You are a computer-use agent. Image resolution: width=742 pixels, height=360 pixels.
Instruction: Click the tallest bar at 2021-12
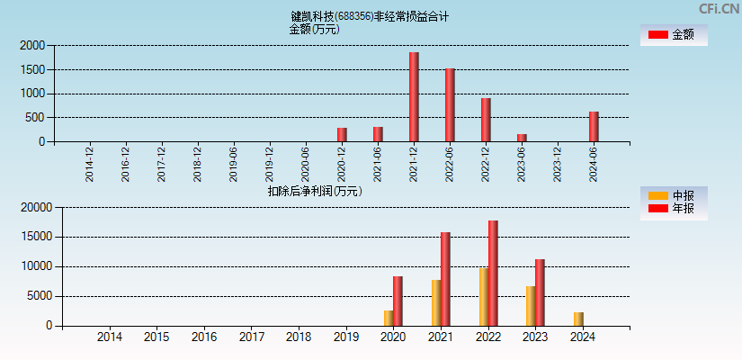point(414,97)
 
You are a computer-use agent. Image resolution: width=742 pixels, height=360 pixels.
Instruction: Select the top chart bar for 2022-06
point(450,105)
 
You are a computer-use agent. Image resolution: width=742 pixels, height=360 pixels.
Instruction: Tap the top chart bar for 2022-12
point(486,120)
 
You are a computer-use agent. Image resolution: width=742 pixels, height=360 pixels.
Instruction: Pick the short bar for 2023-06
point(522,138)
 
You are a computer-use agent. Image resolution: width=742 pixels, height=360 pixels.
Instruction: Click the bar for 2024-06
point(594,127)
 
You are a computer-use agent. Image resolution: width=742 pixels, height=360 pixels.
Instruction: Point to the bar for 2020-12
point(342,135)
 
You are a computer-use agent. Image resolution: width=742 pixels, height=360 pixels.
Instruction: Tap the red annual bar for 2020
point(398,301)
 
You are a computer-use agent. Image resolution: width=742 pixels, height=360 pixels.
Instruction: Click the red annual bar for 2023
point(540,292)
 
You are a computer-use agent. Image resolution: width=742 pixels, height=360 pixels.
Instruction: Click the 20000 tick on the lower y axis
point(36,208)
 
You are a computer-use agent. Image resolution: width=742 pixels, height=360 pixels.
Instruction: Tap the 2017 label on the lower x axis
point(252,337)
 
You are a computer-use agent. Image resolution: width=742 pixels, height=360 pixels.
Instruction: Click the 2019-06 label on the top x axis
point(234,165)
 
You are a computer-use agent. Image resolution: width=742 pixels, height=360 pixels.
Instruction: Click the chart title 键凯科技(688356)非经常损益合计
point(370,16)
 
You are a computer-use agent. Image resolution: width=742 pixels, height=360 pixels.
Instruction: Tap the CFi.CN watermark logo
point(719,9)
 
